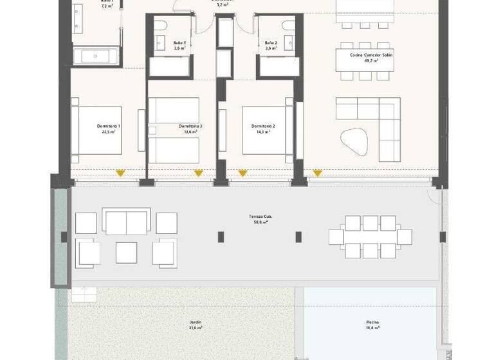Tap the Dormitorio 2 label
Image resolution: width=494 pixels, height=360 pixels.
(264, 129)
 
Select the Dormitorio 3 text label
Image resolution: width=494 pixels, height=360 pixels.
(191, 129)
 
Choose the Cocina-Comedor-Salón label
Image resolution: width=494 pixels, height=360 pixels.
(371, 57)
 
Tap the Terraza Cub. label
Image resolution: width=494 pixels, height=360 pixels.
(262, 219)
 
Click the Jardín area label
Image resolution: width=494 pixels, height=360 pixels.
(196, 325)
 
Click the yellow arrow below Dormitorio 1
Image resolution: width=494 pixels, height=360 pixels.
(120, 173)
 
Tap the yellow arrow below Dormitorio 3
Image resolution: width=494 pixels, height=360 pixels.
(199, 173)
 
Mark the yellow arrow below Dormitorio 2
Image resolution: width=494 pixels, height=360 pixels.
(242, 173)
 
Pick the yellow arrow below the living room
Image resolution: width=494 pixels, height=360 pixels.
(317, 173)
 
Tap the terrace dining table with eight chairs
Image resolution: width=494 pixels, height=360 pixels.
(370, 237)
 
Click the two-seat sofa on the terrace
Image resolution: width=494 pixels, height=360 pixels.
(127, 222)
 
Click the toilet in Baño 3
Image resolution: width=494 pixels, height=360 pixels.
(160, 26)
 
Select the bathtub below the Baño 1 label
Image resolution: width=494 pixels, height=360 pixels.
(96, 56)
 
